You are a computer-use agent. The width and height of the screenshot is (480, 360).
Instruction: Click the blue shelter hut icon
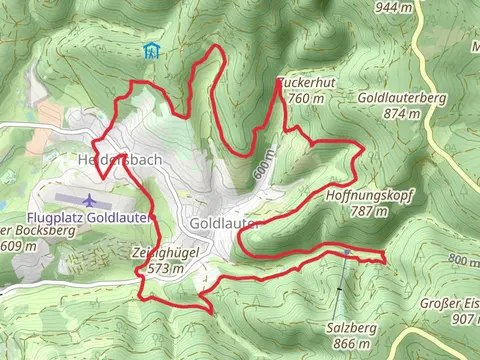(x=151, y=50)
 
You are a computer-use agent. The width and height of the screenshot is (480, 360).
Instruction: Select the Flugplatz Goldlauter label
(x=88, y=217)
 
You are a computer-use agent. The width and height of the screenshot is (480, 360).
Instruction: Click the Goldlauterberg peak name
(x=400, y=99)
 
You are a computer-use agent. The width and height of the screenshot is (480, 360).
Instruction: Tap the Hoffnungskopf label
(x=369, y=196)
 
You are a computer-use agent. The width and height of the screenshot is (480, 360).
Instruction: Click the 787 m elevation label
(x=369, y=211)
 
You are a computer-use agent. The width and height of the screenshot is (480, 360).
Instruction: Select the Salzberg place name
(x=349, y=328)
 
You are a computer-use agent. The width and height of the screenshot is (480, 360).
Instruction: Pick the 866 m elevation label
(x=349, y=343)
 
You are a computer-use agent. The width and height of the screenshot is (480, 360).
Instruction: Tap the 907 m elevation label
(x=465, y=319)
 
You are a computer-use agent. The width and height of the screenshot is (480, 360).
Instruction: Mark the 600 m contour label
(x=262, y=171)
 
